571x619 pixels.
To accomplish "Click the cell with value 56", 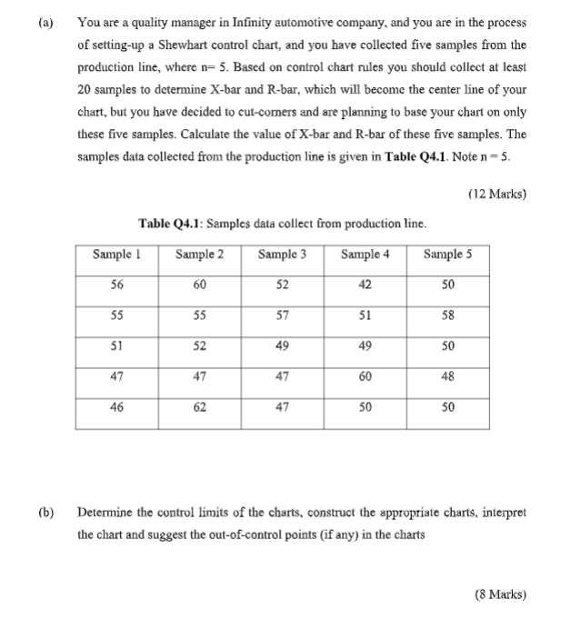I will click(116, 285).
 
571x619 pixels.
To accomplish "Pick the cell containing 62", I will click(199, 409).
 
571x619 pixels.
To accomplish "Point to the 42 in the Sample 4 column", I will click(365, 285).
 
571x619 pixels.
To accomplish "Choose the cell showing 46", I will click(116, 409).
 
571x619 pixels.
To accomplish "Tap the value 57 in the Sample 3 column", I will click(282, 315).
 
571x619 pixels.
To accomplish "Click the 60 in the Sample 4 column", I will click(365, 378).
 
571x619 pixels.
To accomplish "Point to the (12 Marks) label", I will click(497, 194).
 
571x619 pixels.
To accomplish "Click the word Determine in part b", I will click(105, 513).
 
